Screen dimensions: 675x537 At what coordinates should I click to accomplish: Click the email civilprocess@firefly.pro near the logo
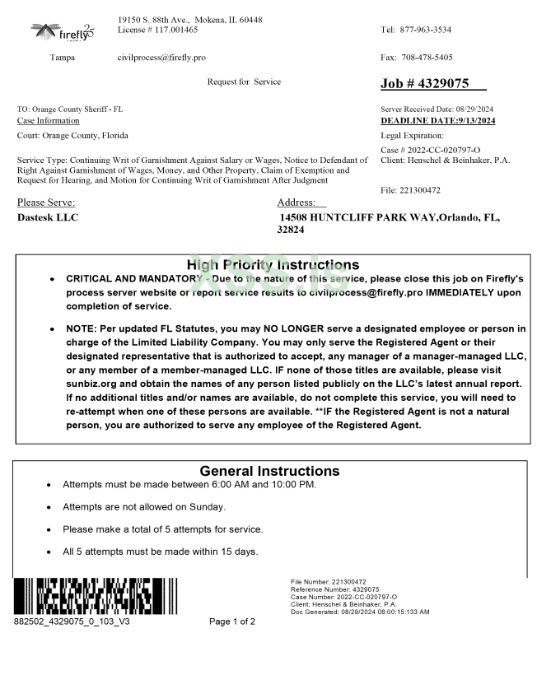click(161, 58)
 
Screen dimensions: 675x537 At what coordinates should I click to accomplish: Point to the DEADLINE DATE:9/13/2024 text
click(438, 121)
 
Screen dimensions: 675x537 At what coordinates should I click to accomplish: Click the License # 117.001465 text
click(158, 30)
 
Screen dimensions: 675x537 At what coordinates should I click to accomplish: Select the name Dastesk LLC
click(49, 218)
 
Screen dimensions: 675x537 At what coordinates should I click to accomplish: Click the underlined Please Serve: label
click(46, 202)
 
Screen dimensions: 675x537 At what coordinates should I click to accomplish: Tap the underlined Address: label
click(297, 202)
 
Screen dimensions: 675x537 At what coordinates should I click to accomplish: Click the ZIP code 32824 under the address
click(292, 230)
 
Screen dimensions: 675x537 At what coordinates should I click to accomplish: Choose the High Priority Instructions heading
click(273, 265)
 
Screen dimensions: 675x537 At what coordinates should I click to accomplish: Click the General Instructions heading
click(269, 471)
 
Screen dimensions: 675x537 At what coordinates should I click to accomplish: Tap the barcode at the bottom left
click(83, 595)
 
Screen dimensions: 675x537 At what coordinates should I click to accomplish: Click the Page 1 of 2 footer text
click(232, 621)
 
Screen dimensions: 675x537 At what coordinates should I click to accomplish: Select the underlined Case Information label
click(49, 121)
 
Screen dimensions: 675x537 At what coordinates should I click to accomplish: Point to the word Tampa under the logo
click(63, 58)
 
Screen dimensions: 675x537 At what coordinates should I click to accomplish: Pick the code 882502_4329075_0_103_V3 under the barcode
click(72, 621)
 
